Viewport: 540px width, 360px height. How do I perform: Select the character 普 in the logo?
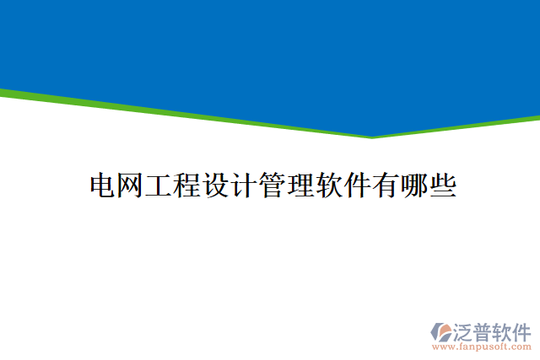[x=483, y=330]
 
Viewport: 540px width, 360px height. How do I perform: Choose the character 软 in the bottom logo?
[x=502, y=330]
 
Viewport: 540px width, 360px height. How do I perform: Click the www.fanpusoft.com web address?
[x=481, y=346]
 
